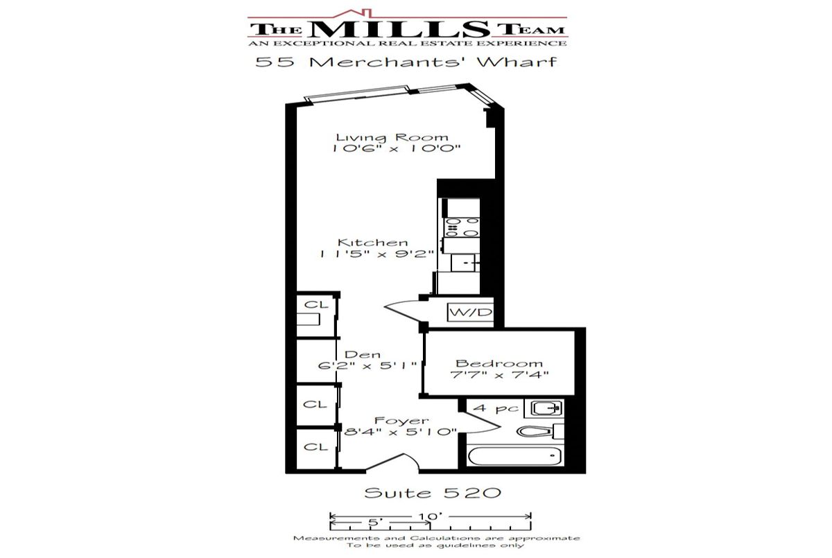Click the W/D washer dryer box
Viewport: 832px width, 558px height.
(x=471, y=312)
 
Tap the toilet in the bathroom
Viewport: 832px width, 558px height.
(x=540, y=431)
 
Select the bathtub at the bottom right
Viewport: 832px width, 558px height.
(x=514, y=455)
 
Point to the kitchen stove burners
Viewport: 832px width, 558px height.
(x=462, y=227)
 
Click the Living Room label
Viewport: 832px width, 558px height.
(x=392, y=137)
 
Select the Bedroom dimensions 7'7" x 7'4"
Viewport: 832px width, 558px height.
(x=499, y=374)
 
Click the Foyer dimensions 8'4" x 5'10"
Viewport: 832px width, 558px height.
(x=401, y=432)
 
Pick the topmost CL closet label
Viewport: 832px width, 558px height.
(x=316, y=305)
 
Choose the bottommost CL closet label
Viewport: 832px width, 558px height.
(x=315, y=446)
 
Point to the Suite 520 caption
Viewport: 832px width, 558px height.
(x=433, y=493)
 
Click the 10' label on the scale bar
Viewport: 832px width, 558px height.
(x=431, y=516)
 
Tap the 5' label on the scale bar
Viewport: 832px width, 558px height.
(x=376, y=523)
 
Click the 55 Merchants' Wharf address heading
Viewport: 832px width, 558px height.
(x=406, y=62)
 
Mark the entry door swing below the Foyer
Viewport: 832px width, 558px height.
(x=392, y=462)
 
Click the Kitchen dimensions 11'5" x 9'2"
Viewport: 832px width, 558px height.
(x=376, y=254)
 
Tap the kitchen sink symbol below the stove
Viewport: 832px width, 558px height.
(x=465, y=263)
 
